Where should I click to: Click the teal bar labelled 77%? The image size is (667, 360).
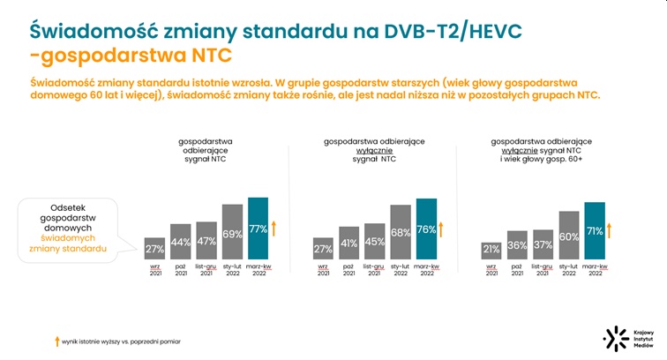[259, 229]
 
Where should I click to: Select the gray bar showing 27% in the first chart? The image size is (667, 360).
[155, 249]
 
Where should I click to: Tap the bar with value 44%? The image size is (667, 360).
[181, 242]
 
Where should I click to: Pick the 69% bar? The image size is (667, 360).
[233, 233]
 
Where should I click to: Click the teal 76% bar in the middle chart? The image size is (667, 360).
[426, 230]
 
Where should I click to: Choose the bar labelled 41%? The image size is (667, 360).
[349, 243]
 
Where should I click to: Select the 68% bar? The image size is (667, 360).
[401, 233]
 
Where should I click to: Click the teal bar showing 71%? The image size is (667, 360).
[595, 232]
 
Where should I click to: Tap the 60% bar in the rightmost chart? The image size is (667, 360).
[569, 236]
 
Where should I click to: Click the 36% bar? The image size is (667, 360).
[517, 245]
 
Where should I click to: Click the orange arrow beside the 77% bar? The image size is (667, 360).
[274, 229]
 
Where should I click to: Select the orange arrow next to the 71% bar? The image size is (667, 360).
[610, 231]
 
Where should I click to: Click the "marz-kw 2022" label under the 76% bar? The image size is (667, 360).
[426, 270]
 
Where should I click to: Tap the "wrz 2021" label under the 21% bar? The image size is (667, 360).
[491, 270]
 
